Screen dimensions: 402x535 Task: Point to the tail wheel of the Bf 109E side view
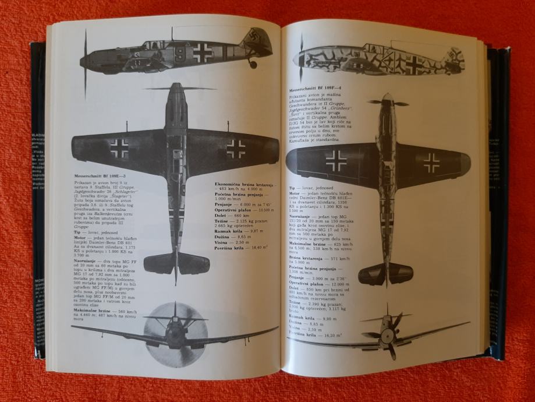pyautogui.click(x=253, y=63)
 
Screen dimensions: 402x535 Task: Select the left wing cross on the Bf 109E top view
pyautogui.click(x=119, y=148)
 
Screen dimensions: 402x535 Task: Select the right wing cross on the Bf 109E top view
pyautogui.click(x=235, y=148)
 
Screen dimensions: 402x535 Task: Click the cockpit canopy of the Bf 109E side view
pyautogui.click(x=153, y=44)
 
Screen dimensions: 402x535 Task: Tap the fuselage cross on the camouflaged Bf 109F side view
pyautogui.click(x=414, y=64)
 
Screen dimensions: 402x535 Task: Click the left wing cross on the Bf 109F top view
pyautogui.click(x=335, y=160)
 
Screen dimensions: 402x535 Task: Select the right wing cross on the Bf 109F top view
pyautogui.click(x=431, y=163)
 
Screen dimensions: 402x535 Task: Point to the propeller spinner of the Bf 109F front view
pyautogui.click(x=387, y=333)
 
